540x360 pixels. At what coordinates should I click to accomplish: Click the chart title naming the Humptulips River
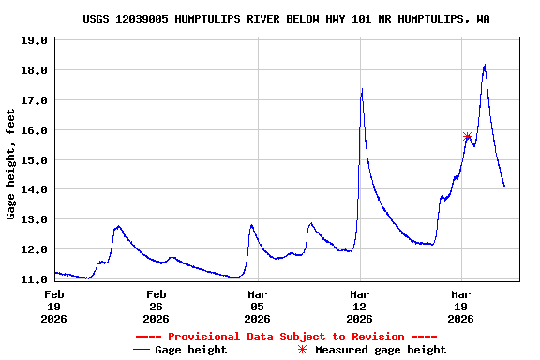(285, 19)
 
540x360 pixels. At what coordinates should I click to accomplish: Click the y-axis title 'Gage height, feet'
(11, 164)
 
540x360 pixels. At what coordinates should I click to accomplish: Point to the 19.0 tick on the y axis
(34, 40)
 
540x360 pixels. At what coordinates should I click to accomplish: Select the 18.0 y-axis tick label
(34, 70)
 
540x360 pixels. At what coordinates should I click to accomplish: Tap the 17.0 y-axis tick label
(34, 100)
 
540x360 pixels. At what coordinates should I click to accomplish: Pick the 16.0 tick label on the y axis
(34, 130)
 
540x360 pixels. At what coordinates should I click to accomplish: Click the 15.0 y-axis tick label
(34, 160)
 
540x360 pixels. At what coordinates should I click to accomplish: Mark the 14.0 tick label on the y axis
(34, 189)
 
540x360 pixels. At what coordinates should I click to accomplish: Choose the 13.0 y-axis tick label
(34, 219)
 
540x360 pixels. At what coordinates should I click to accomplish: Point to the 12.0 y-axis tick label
(34, 249)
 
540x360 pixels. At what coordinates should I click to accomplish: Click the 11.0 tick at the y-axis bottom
(34, 279)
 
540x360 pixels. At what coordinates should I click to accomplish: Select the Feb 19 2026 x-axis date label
(54, 306)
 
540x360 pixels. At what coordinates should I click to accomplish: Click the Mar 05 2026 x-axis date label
(257, 306)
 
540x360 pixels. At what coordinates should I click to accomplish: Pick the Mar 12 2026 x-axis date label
(359, 306)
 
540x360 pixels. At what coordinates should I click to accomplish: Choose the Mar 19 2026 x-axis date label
(460, 306)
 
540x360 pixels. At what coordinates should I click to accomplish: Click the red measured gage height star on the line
(467, 137)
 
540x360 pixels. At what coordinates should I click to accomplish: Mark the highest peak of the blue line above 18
(485, 66)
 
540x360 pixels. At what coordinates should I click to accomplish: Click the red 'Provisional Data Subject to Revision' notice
(286, 337)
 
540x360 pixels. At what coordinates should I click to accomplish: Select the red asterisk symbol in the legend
(302, 350)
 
